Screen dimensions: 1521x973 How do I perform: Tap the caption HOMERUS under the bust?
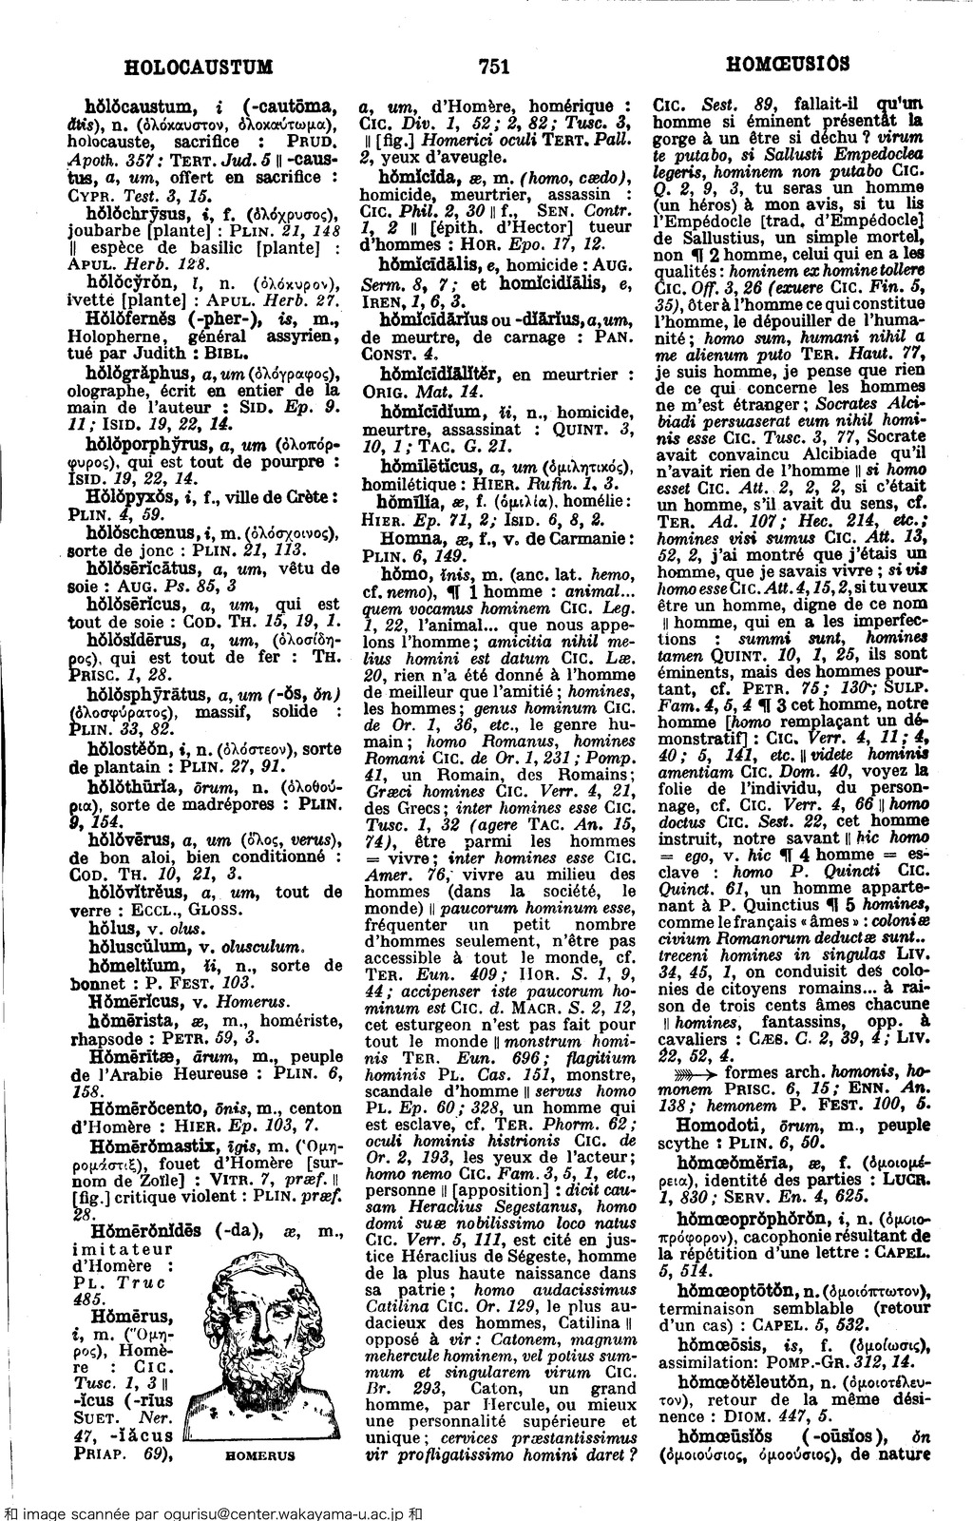[x=261, y=1455]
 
